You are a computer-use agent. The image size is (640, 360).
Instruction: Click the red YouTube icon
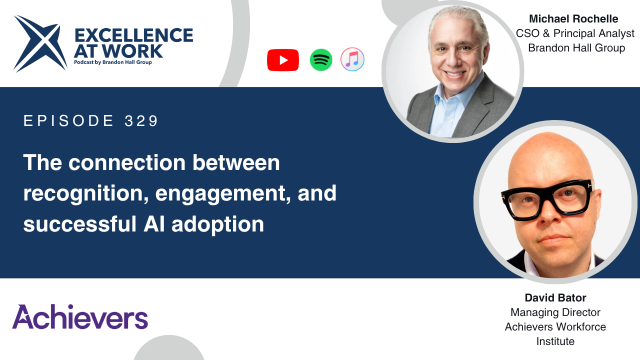pos(283,60)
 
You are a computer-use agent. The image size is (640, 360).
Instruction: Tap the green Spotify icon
pos(321,60)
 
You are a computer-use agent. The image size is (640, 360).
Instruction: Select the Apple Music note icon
pos(352,59)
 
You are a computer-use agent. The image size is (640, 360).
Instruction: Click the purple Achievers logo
pos(80,316)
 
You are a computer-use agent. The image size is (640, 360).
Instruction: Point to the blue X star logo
pos(40,43)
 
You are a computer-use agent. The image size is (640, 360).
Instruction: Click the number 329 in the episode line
pos(141,120)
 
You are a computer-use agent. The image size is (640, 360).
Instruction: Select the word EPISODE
pos(68,120)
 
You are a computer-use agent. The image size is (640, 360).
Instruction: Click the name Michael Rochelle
pos(573,19)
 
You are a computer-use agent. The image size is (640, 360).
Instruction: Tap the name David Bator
pos(555,297)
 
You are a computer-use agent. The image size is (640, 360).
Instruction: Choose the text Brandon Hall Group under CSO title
pos(576,48)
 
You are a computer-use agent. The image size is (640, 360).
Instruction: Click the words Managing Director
pos(555,312)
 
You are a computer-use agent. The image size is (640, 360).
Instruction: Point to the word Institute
pos(555,341)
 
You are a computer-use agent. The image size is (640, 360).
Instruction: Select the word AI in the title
pos(154,223)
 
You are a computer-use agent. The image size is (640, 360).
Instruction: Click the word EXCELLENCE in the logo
pos(133,35)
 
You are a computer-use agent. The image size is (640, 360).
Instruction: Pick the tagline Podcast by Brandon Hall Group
pos(113,62)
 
